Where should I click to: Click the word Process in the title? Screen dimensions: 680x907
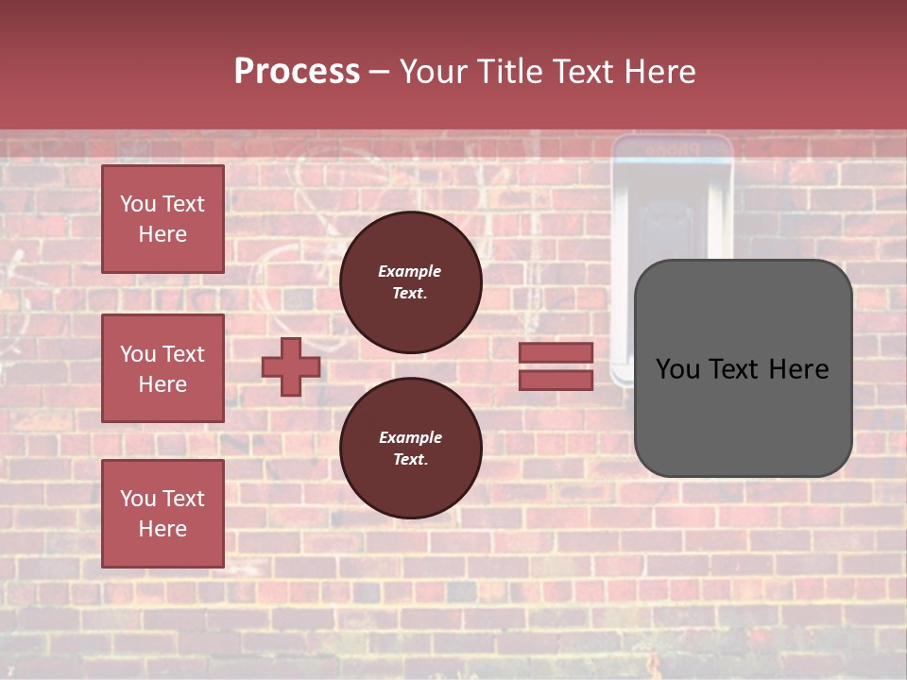click(x=297, y=72)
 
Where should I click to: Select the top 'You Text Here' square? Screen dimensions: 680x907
click(x=163, y=219)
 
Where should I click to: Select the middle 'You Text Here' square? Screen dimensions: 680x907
click(x=163, y=368)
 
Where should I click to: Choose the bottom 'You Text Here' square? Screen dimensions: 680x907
click(x=163, y=514)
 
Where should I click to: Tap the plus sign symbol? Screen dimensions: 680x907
click(x=291, y=367)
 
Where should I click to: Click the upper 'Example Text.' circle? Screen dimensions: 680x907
click(x=411, y=282)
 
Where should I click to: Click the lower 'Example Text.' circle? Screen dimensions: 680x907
click(x=411, y=449)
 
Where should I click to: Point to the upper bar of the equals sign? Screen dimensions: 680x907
click(x=556, y=353)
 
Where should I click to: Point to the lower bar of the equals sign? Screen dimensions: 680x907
click(x=556, y=381)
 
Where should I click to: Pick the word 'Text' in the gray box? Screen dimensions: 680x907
click(x=735, y=369)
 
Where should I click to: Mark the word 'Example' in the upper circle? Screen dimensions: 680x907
click(x=410, y=272)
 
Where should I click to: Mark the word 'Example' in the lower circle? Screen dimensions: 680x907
click(x=411, y=438)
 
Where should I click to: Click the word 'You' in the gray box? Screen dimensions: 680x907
click(x=678, y=369)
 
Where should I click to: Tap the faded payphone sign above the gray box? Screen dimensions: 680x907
click(x=672, y=149)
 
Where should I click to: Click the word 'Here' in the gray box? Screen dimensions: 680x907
click(x=799, y=369)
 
